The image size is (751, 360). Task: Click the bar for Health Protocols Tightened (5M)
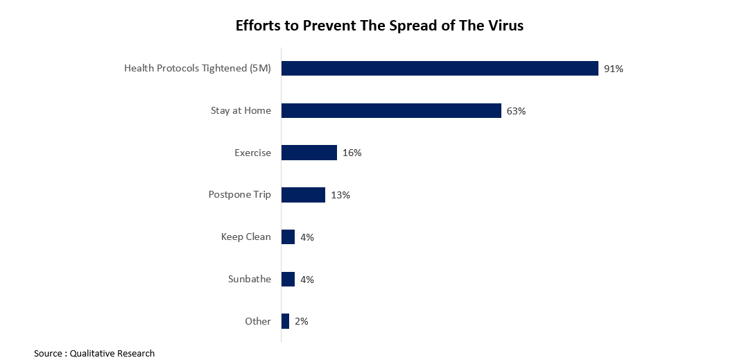click(x=440, y=68)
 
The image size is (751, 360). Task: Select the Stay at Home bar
click(x=391, y=110)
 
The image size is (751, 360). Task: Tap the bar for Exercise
click(x=309, y=153)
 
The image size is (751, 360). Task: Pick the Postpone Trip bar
click(x=303, y=195)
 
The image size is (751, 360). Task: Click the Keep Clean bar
click(x=288, y=237)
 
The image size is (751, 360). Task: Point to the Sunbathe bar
click(x=288, y=280)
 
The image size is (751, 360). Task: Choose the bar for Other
click(x=285, y=321)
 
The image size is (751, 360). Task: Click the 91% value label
click(x=613, y=69)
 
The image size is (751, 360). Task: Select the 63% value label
click(x=516, y=111)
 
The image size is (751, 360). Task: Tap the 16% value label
click(x=352, y=153)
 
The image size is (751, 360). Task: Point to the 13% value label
click(x=340, y=195)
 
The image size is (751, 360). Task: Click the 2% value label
click(x=301, y=322)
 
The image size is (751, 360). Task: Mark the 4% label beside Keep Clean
click(x=307, y=237)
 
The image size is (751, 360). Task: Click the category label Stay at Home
click(x=241, y=110)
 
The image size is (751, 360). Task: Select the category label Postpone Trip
click(x=239, y=195)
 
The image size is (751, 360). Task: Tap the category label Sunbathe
click(x=249, y=280)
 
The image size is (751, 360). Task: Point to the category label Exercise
click(x=252, y=153)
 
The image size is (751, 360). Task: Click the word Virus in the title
click(x=505, y=26)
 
